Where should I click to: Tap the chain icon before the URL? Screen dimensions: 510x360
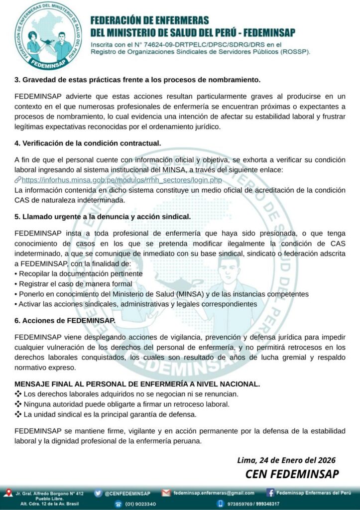(18, 180)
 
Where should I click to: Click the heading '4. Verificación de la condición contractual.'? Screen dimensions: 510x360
(88, 143)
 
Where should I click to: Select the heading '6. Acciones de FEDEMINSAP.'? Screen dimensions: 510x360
(65, 320)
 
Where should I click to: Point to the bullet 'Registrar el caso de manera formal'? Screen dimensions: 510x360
(75, 284)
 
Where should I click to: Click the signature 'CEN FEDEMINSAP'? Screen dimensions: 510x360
(292, 473)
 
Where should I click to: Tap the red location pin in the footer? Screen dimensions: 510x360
(7, 494)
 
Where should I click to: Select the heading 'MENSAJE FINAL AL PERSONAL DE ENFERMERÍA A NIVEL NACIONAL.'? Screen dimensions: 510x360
(137, 384)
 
